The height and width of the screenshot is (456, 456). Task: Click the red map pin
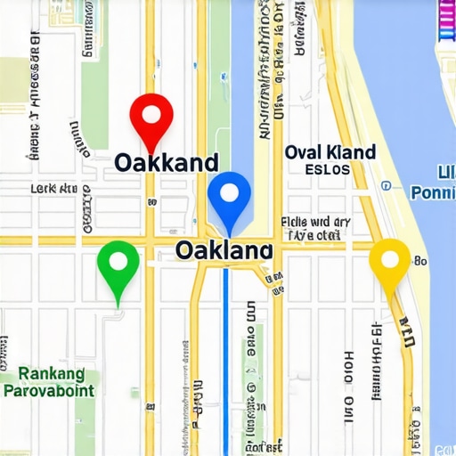tap(151, 120)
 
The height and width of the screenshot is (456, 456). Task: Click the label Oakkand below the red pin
tap(167, 162)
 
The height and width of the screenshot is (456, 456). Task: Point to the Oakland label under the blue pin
tap(224, 250)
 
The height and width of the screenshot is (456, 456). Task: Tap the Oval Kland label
tap(330, 152)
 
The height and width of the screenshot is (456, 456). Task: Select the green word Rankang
tap(51, 373)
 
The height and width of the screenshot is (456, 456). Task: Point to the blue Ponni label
tap(434, 192)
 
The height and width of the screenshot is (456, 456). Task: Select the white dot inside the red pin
tap(151, 113)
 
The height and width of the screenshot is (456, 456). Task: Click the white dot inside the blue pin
tap(229, 191)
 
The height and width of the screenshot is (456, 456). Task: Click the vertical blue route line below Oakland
tap(225, 356)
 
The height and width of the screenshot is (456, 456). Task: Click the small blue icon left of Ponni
tap(386, 187)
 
